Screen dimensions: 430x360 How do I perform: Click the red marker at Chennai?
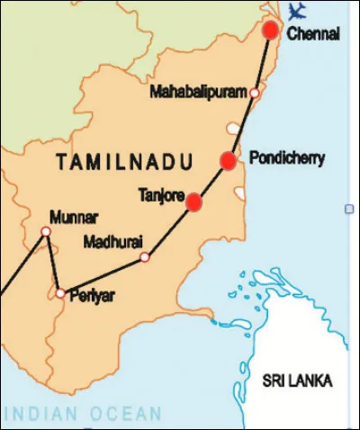click(270, 31)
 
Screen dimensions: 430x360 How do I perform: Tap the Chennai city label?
click(315, 34)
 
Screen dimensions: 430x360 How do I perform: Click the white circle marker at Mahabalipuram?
click(255, 93)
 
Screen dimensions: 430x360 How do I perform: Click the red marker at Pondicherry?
click(228, 160)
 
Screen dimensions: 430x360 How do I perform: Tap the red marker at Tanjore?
click(193, 202)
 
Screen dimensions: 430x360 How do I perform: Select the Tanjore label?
click(161, 193)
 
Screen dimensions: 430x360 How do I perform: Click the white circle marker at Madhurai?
click(144, 258)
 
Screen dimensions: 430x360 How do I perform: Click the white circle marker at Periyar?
click(59, 293)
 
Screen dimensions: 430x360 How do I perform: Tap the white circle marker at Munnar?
click(46, 232)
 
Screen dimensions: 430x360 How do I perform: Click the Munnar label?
click(75, 217)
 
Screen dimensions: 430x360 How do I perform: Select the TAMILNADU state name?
click(124, 163)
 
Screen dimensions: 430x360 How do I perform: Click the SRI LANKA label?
click(297, 381)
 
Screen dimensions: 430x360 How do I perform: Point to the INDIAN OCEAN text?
click(83, 415)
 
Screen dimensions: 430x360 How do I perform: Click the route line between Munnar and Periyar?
click(52, 263)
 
